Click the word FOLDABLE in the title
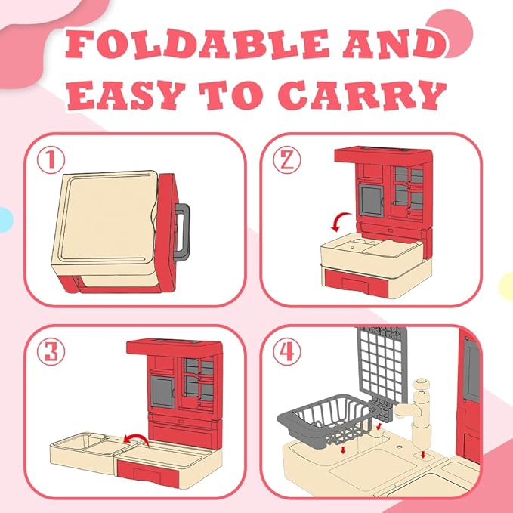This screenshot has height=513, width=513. (x=197, y=44)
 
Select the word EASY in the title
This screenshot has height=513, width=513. (x=127, y=94)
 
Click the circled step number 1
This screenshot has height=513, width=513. (x=51, y=160)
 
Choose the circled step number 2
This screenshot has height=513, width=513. (x=287, y=160)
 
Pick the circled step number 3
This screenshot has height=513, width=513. (x=51, y=352)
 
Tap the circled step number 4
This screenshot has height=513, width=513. (x=287, y=352)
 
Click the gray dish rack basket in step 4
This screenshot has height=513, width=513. (x=326, y=419)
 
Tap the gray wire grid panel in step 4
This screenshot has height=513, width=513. (x=383, y=365)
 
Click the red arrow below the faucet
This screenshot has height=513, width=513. (x=423, y=454)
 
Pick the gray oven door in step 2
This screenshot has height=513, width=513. (x=371, y=200)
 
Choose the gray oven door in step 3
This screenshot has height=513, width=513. (x=162, y=392)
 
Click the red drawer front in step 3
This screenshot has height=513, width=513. (x=148, y=472)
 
